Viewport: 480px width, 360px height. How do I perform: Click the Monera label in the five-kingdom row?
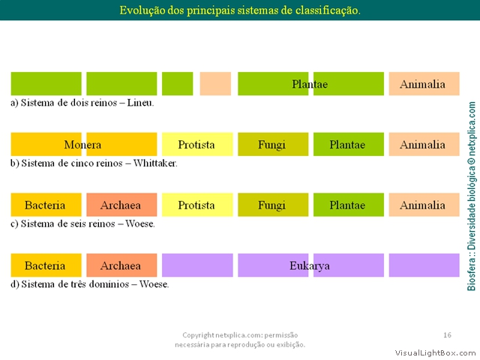point(82,145)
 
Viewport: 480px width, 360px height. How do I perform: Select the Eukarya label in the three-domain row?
point(310,265)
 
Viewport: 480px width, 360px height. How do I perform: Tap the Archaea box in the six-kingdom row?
point(121,205)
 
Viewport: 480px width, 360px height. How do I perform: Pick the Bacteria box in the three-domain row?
point(46,265)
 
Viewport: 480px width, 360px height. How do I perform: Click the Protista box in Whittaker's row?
point(197,144)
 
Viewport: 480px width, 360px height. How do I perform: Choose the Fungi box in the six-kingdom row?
point(273,205)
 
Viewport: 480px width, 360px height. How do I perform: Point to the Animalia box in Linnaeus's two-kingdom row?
point(424,83)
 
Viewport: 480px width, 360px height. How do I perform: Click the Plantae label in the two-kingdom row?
point(310,84)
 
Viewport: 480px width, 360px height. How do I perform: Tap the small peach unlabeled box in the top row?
point(215,83)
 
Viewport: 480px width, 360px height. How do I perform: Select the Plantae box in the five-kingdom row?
point(348,144)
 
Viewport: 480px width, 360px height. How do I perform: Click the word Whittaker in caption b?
point(155,163)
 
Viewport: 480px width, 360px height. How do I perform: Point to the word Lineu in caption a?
point(140,103)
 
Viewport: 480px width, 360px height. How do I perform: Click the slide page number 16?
point(447,335)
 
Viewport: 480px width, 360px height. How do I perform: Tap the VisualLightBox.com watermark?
point(435,353)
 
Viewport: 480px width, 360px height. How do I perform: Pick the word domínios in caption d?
point(109,284)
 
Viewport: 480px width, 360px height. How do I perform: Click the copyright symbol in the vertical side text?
point(472,160)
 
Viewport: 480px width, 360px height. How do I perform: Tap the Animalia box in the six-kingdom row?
point(424,205)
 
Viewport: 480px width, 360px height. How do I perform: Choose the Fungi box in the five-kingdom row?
point(273,144)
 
